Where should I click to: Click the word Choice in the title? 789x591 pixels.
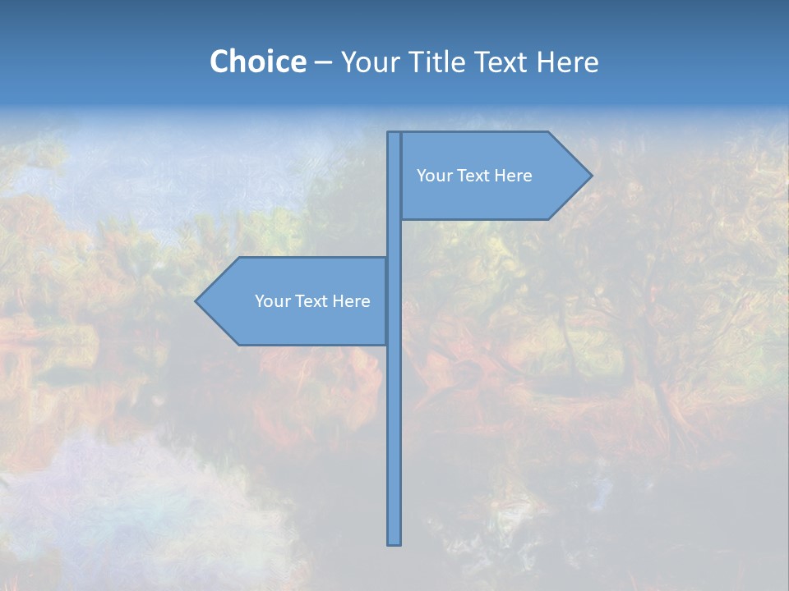pos(257,62)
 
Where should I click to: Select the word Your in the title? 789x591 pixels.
pos(371,62)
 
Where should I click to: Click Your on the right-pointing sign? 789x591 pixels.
pos(433,176)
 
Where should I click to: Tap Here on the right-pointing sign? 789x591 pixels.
pos(513,176)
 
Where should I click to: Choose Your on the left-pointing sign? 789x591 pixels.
pos(271,301)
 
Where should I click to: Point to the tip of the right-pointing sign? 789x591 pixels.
pos(589,175)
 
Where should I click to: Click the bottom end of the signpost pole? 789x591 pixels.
pos(394,542)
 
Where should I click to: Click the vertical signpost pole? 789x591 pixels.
pos(394,427)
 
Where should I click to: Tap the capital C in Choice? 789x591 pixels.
pos(219,62)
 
